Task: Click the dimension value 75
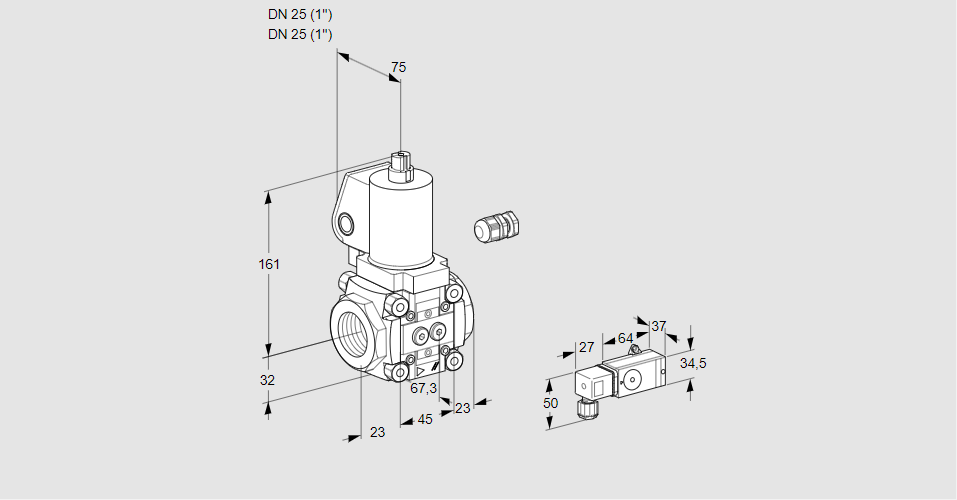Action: tap(398, 67)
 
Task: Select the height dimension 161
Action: tap(269, 264)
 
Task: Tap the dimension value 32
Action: tap(267, 380)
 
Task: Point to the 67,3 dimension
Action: tap(424, 388)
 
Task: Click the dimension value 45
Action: tap(425, 419)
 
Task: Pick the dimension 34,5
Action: tap(693, 363)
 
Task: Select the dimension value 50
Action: tap(549, 402)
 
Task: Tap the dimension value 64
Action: tap(625, 338)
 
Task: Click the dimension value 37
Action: tap(658, 326)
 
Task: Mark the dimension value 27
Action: tap(587, 347)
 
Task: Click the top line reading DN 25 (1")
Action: tap(300, 14)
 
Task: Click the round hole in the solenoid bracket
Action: tap(347, 223)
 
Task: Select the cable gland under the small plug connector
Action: tap(586, 407)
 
